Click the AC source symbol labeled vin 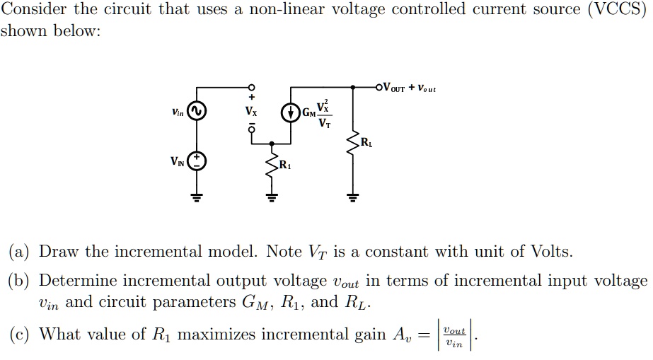[197, 112]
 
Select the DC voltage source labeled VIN [197, 161]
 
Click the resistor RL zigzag [352, 146]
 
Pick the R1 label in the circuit [284, 166]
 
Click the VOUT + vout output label [409, 88]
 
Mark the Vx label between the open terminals [251, 111]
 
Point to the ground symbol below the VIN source [197, 196]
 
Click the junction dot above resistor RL [352, 88]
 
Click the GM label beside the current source [308, 113]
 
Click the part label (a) [19, 252]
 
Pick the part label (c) [19, 334]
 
